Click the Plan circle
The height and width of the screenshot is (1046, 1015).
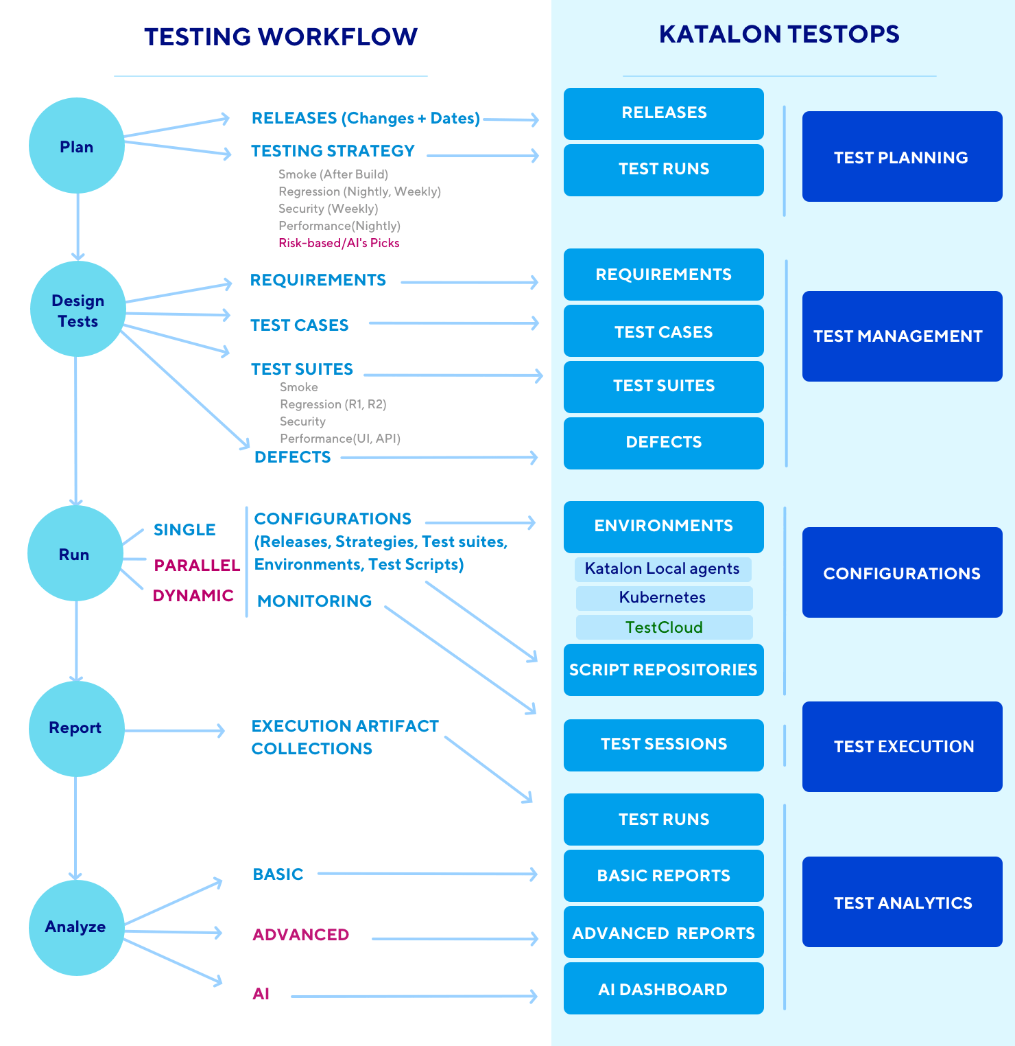click(77, 146)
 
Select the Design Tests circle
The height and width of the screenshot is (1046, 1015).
click(78, 310)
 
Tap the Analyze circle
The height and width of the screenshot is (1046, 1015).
click(76, 927)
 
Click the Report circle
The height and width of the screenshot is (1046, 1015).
click(76, 728)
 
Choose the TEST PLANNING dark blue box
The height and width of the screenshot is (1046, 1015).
click(902, 156)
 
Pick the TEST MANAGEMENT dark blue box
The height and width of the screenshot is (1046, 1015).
click(902, 336)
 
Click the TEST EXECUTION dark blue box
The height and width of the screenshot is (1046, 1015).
click(902, 747)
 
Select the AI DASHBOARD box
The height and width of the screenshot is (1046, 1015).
click(663, 988)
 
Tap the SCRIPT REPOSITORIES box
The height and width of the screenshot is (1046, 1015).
click(663, 670)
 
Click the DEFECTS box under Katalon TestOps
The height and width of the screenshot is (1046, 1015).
click(663, 443)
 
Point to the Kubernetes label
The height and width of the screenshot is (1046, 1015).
click(663, 598)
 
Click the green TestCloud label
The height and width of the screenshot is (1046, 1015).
click(664, 627)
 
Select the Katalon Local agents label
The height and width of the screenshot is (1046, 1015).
click(662, 569)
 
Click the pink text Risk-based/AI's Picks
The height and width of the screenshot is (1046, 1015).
click(339, 243)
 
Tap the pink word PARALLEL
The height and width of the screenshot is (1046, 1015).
click(197, 566)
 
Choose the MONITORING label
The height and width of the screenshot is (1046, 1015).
click(314, 601)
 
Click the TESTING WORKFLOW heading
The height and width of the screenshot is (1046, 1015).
click(280, 37)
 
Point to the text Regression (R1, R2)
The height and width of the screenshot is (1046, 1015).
click(333, 404)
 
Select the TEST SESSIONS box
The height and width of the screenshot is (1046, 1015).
click(663, 745)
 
